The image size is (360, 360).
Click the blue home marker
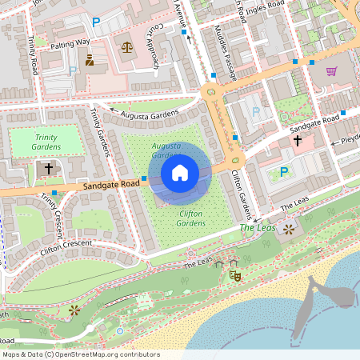(180, 172)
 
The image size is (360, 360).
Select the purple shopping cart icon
(331, 71)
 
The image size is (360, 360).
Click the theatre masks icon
(235, 274)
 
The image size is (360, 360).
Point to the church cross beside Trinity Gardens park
(49, 169)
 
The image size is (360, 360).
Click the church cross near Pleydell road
(298, 141)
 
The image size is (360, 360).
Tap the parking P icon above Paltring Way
(96, 22)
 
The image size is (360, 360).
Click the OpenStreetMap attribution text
(80, 354)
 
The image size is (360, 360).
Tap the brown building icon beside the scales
(90, 59)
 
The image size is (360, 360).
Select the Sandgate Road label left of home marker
(113, 185)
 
